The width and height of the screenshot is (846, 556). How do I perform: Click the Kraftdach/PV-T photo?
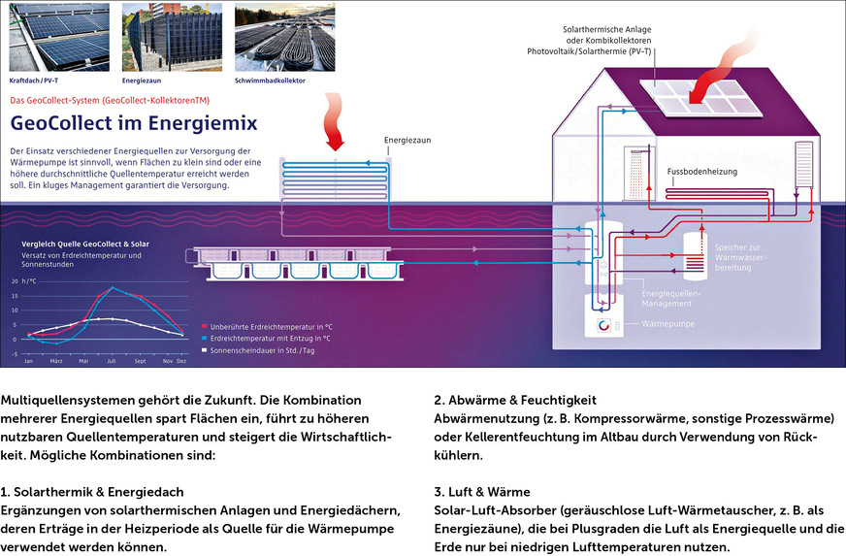(58, 36)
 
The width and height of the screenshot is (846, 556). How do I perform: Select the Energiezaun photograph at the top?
(171, 36)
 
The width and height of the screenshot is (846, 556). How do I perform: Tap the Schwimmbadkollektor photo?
(284, 36)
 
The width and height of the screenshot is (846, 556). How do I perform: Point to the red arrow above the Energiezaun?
(336, 132)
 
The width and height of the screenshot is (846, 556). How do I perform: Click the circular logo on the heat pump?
(603, 324)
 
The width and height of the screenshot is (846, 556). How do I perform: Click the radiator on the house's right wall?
(802, 167)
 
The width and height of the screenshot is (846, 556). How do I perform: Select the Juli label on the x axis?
(112, 361)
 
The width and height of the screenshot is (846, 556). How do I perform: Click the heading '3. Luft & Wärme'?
(482, 492)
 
